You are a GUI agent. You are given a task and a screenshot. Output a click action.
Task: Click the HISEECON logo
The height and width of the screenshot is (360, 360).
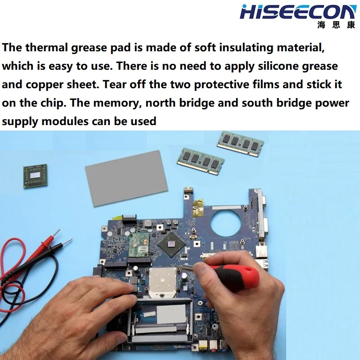(x=297, y=12)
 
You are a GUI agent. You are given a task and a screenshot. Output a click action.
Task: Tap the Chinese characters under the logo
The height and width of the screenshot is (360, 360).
(x=336, y=25)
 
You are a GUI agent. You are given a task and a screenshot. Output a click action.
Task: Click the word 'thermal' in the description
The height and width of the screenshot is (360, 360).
(x=47, y=48)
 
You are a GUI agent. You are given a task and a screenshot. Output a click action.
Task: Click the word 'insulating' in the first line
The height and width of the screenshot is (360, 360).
(x=246, y=48)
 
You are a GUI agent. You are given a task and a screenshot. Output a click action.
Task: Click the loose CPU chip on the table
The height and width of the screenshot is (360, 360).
(x=36, y=176)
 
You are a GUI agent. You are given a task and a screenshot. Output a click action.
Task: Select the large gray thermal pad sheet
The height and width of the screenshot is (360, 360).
(x=126, y=178)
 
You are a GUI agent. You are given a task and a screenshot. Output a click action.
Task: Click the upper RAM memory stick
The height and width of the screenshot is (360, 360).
(x=240, y=144)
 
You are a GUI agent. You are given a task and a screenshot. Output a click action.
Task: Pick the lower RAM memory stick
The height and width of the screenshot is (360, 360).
(x=200, y=161)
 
